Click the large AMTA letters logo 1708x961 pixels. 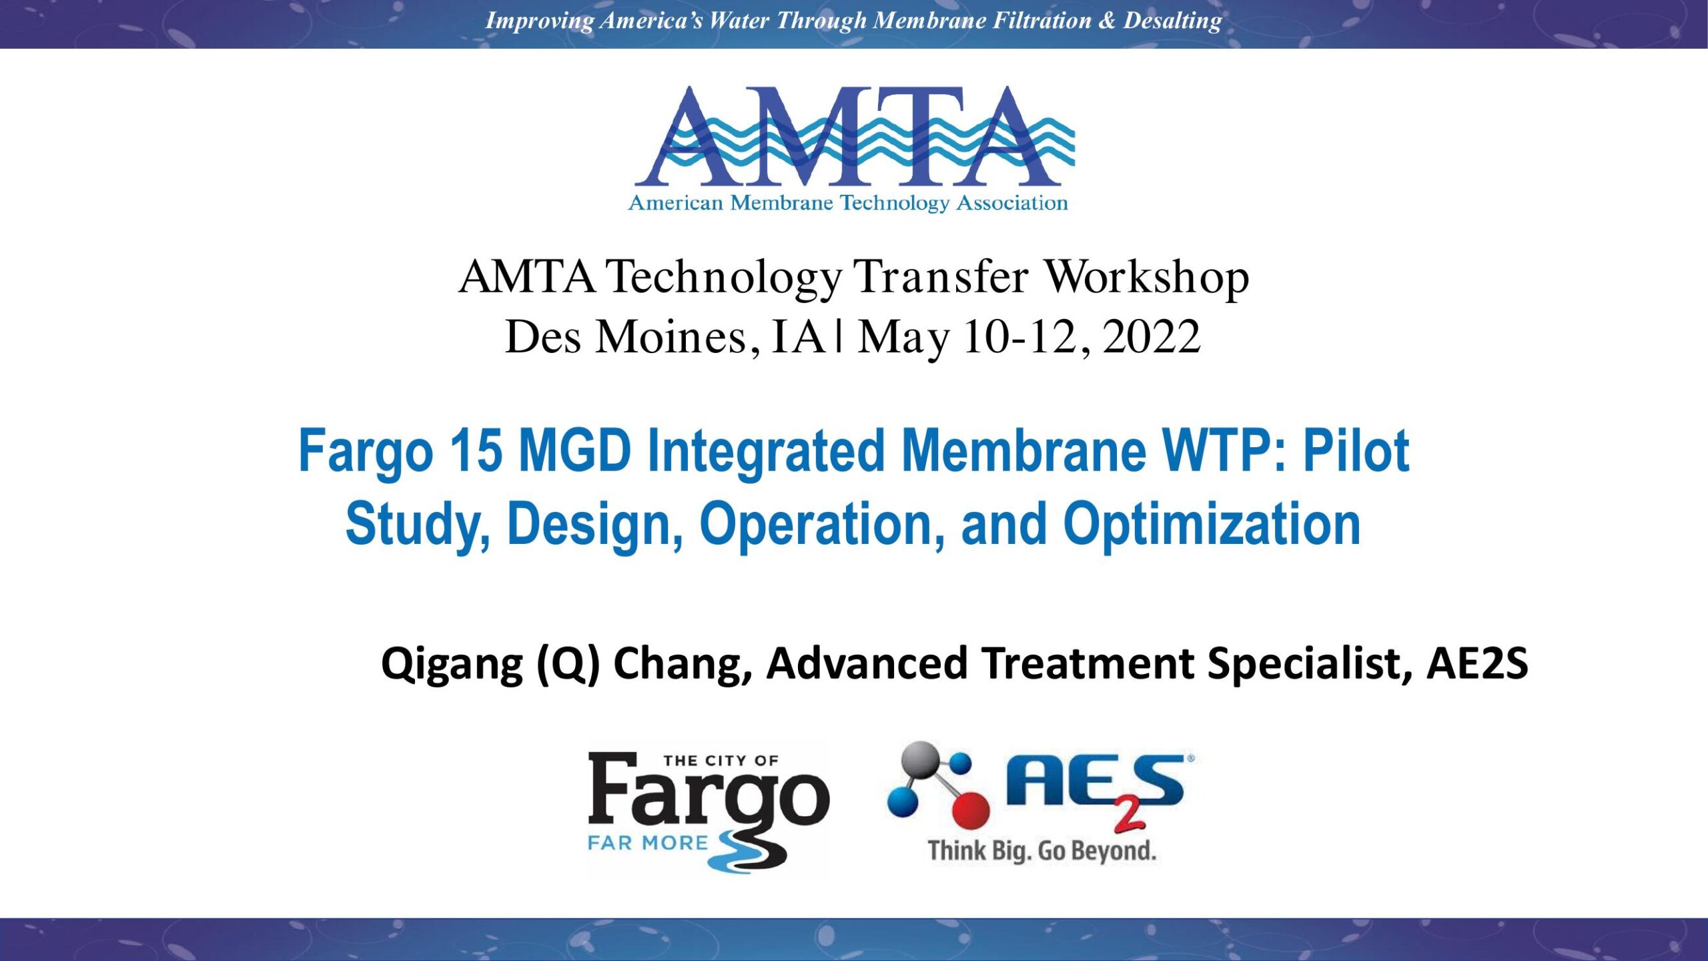click(854, 136)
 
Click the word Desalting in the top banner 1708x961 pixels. click(1172, 21)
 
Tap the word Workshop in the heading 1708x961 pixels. click(1146, 277)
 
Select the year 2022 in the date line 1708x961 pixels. click(1152, 337)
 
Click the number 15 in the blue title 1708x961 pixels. click(476, 451)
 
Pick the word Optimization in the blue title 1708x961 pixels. click(1212, 526)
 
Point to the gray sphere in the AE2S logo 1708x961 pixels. click(920, 760)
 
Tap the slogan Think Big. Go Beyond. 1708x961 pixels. click(1041, 851)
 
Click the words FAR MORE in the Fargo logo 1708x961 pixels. click(647, 843)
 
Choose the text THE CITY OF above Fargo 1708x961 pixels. click(721, 761)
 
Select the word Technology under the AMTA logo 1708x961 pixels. click(894, 203)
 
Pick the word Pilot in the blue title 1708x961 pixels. click(1356, 451)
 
